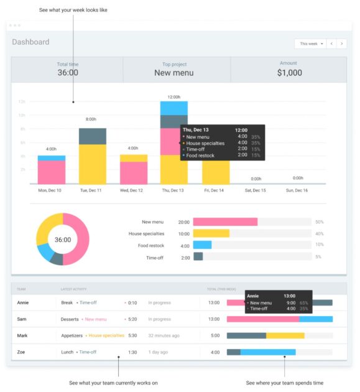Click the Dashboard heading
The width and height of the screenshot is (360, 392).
coord(30,42)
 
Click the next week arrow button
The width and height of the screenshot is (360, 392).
coord(341,44)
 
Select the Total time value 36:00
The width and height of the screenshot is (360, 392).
coord(67,73)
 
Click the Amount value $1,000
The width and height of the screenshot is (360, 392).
coord(289,73)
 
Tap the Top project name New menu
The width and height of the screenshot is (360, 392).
coord(173,73)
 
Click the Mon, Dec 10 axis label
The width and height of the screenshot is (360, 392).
coord(50,190)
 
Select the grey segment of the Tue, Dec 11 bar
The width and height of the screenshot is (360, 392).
coord(92,136)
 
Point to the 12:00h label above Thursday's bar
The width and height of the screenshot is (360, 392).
coord(173,97)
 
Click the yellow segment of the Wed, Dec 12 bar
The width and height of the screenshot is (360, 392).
coord(133,158)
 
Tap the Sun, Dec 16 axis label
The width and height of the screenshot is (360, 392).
coord(297,190)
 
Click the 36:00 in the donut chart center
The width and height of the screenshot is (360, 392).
coord(63,240)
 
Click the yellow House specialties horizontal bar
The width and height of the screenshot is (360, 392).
coord(211,233)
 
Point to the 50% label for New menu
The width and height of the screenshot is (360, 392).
coord(319,222)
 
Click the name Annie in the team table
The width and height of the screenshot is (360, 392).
coord(22,302)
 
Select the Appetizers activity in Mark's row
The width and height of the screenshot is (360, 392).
coord(72,335)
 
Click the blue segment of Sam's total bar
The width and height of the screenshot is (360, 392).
coord(315,319)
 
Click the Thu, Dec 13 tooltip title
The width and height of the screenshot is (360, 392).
coord(196,130)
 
